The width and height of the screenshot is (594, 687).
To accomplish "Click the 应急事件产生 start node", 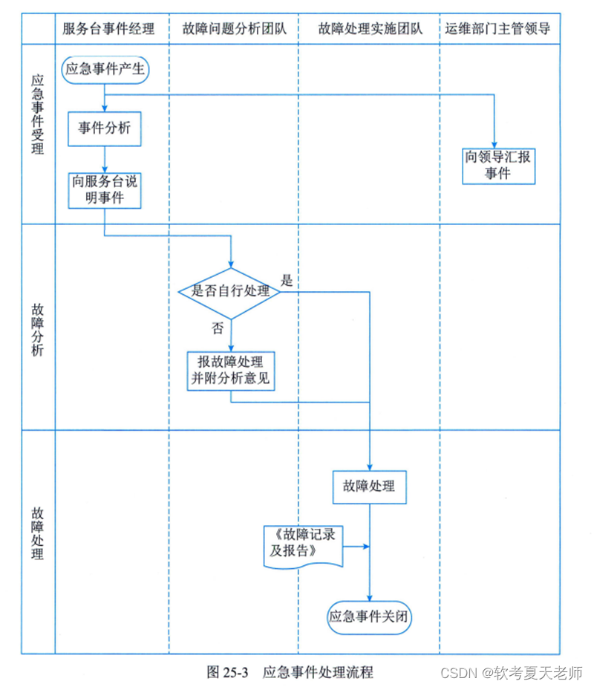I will coord(105,71).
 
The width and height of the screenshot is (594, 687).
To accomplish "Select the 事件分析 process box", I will coord(105,128).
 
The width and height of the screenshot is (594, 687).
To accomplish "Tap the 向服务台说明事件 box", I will coord(105,189).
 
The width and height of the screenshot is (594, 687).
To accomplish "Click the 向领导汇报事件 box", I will coord(498,166).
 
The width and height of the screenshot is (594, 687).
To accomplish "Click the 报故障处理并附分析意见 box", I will coord(231,371).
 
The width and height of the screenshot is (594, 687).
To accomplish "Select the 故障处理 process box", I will coord(369,486).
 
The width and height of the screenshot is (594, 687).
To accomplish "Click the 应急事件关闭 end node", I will coord(369,616).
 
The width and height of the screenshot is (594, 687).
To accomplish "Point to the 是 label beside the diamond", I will coord(287,281).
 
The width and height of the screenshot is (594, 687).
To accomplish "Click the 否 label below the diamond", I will coord(218,329).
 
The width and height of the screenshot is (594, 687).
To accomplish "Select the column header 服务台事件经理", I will coord(109,30).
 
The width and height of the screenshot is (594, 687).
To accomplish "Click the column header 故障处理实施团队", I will coord(369,30).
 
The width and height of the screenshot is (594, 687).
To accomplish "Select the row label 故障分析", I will coord(38,328).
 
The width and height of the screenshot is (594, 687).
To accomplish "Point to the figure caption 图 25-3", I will coord(226,672).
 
